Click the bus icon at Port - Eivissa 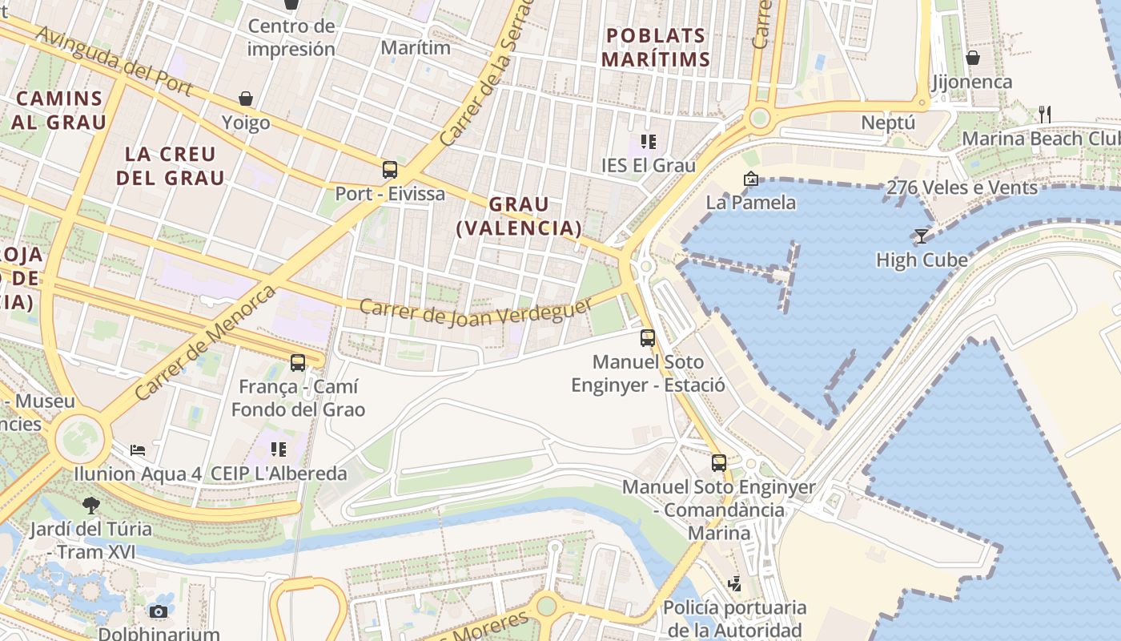click(x=390, y=170)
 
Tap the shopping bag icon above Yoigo click(x=246, y=99)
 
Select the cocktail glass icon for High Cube click(x=921, y=236)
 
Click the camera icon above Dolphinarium click(x=159, y=611)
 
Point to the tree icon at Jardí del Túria click(x=91, y=505)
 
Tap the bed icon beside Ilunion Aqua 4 click(x=138, y=450)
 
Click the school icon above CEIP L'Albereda click(x=279, y=449)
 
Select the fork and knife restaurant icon click(x=1044, y=114)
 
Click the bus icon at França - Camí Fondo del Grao click(x=298, y=362)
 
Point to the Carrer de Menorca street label click(x=206, y=342)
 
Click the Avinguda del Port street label click(x=115, y=62)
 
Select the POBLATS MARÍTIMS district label click(x=656, y=47)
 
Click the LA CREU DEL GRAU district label click(x=171, y=166)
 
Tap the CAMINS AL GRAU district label click(x=59, y=111)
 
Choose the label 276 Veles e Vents click(x=962, y=187)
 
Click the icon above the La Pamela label click(x=750, y=179)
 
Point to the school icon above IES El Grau click(x=649, y=142)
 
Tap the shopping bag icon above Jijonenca click(x=972, y=58)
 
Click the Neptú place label click(x=888, y=123)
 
